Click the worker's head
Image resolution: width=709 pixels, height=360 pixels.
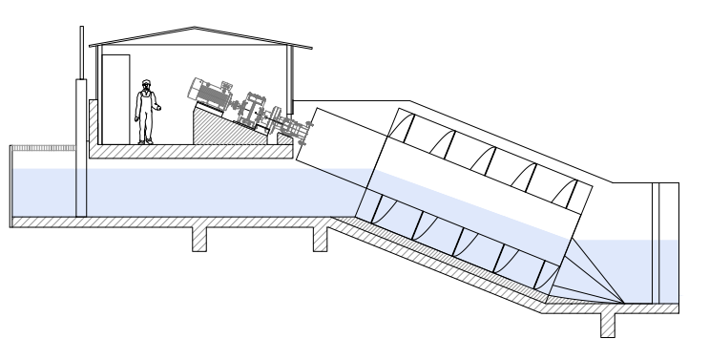pyautogui.click(x=146, y=84)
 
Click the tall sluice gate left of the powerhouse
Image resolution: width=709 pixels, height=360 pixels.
pyautogui.click(x=81, y=143)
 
